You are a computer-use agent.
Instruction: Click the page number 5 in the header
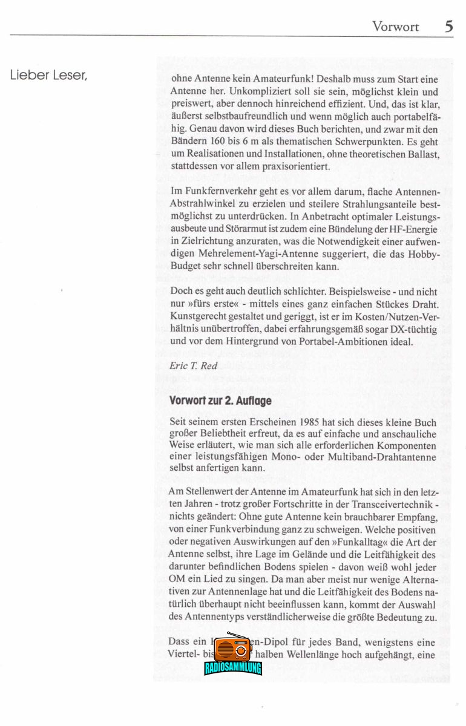(448, 26)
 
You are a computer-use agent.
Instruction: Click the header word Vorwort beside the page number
(395, 27)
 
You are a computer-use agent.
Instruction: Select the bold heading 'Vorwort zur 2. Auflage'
(220, 401)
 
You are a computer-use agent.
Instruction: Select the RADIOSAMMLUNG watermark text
(233, 668)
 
